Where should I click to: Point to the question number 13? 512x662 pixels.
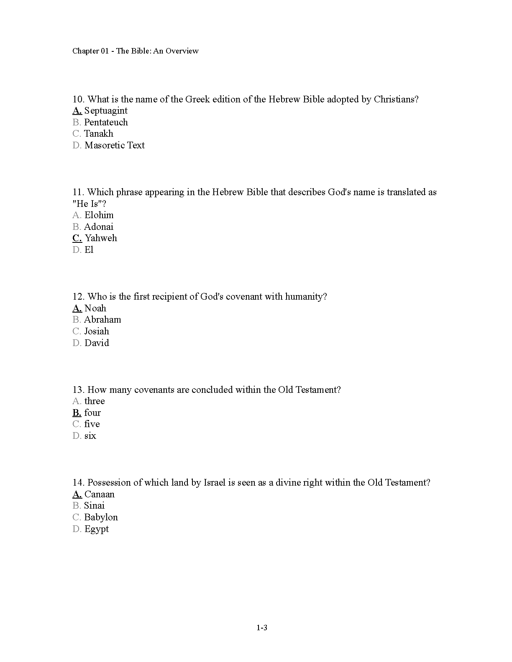pos(78,390)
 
